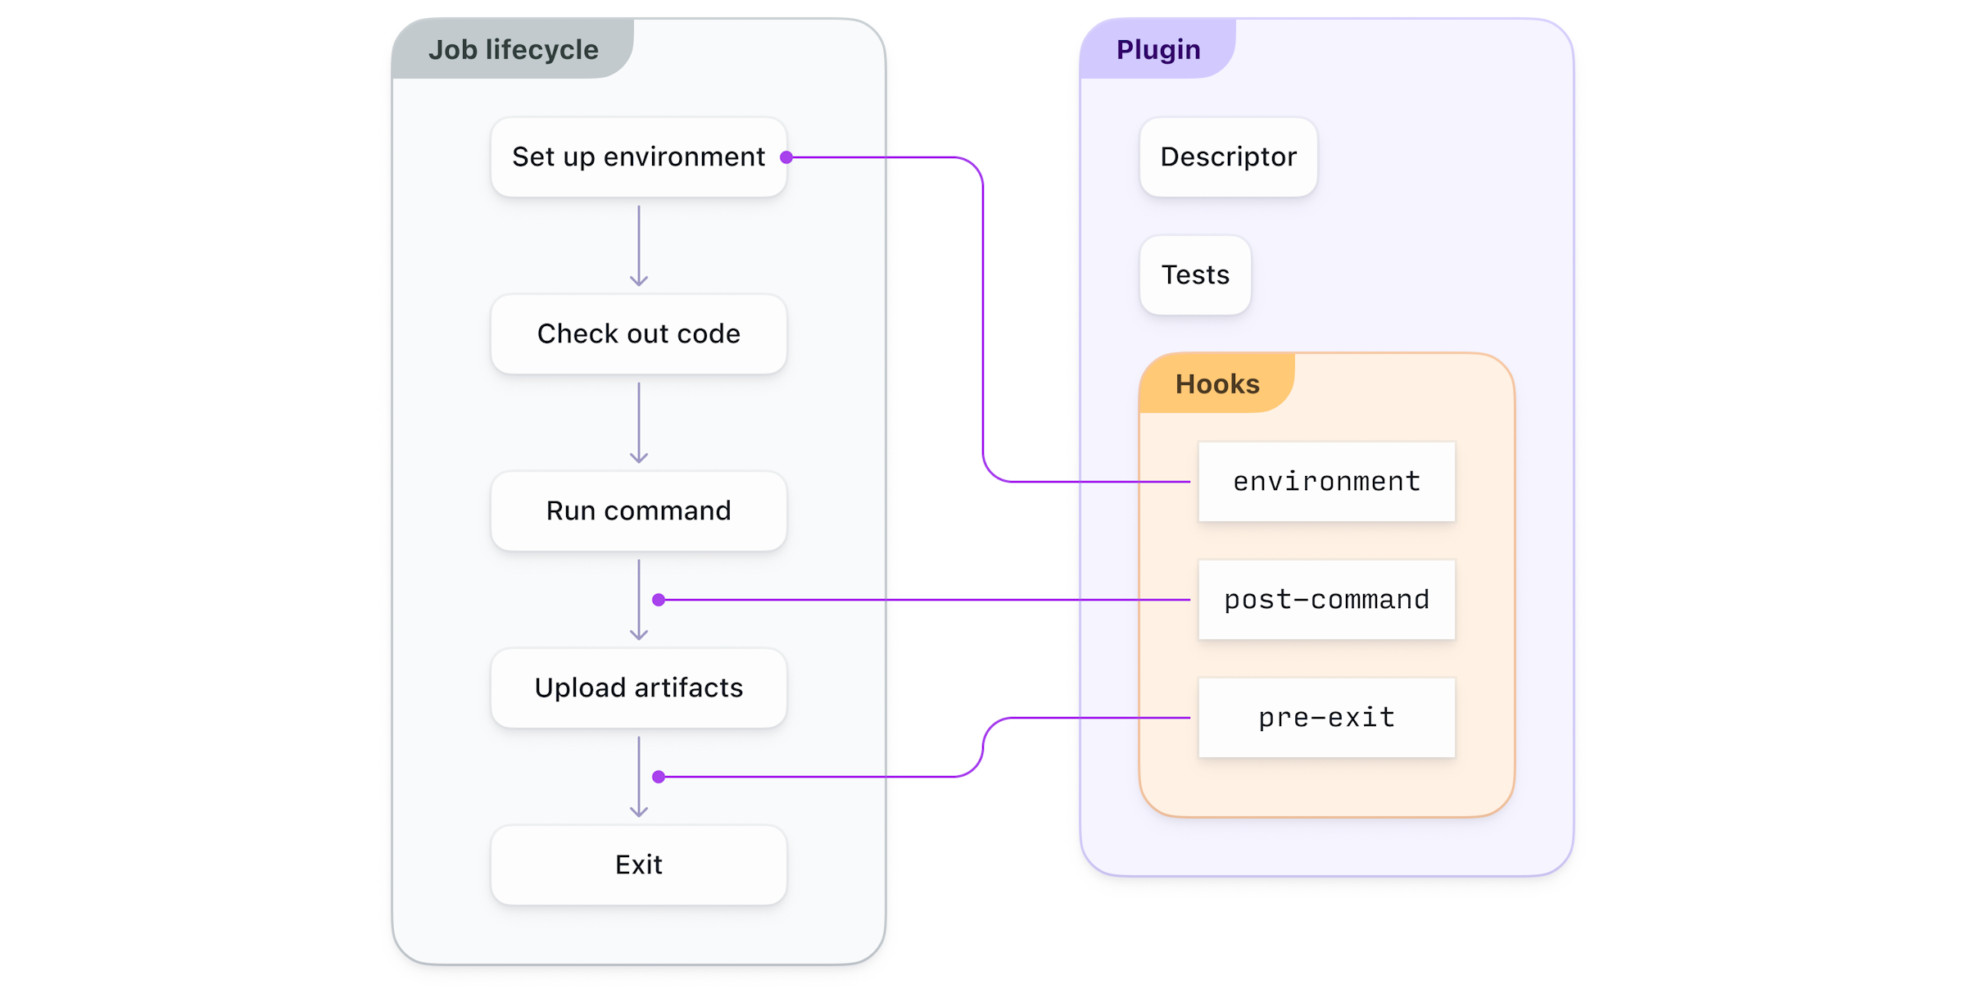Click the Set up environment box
pos(638,157)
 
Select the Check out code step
pos(638,334)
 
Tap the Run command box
pos(638,511)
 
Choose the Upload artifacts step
pos(638,688)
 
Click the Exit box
pos(638,865)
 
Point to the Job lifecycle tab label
pos(513,49)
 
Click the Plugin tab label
pos(1157,49)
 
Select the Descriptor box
pos(1228,157)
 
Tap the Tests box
pos(1195,275)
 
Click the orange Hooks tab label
pos(1216,383)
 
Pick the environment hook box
pos(1326,481)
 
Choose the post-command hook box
pos(1326,599)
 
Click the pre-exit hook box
pos(1326,717)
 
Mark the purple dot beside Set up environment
pos(786,157)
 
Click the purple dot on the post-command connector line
pos(659,600)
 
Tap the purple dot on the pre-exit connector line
pos(659,776)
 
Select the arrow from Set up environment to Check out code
pos(639,245)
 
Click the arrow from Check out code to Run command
pos(639,422)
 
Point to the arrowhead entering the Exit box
pos(639,811)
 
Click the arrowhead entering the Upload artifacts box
pos(639,634)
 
